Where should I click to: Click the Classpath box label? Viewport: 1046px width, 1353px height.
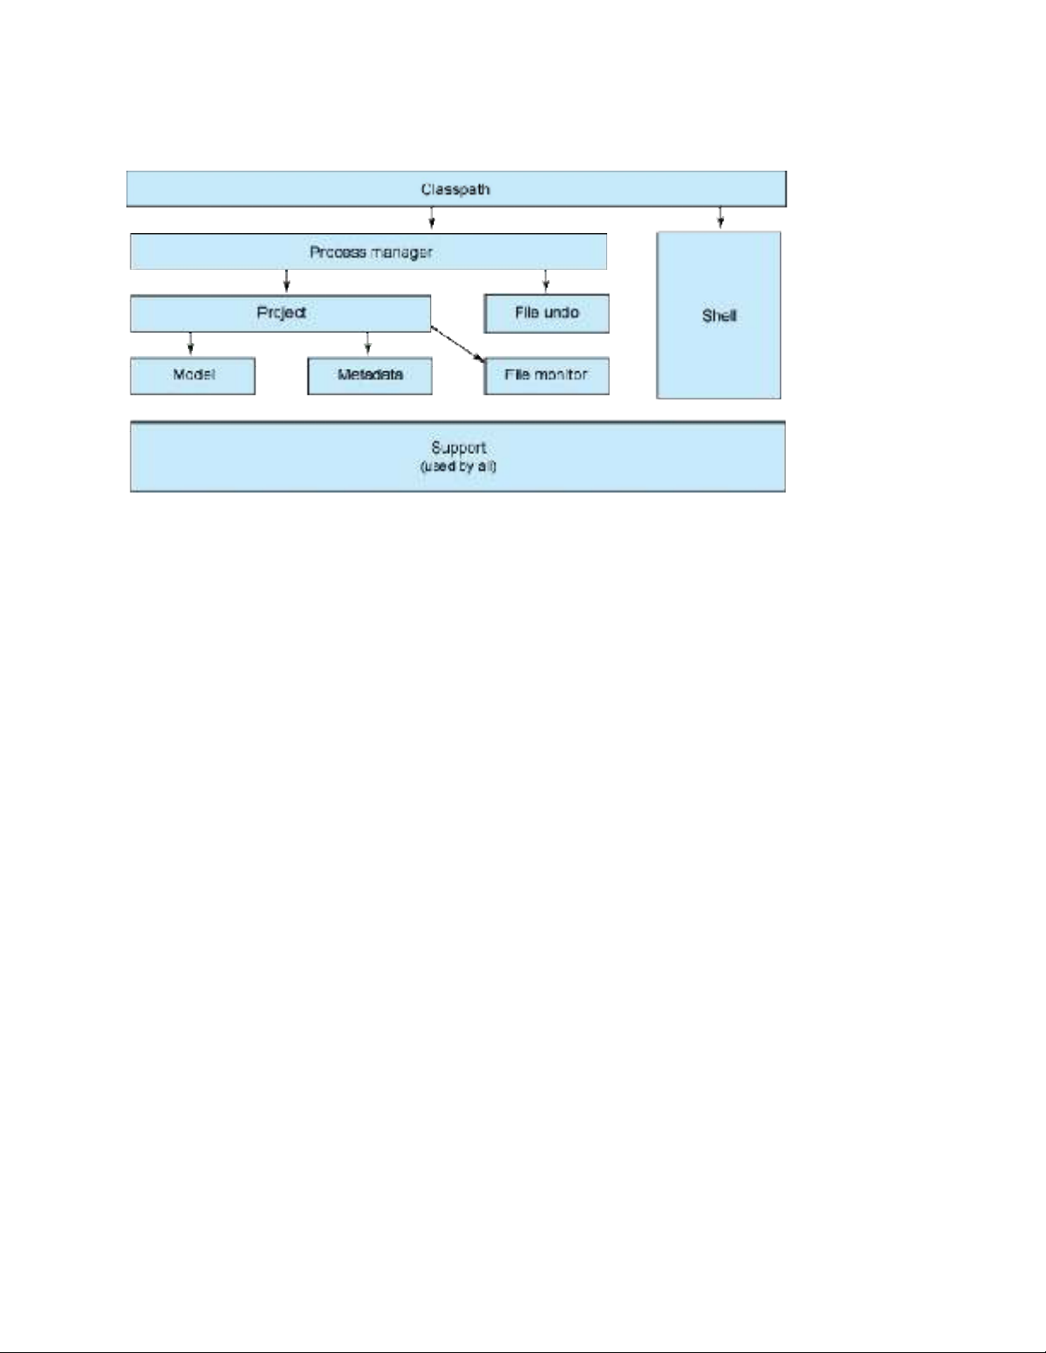click(455, 190)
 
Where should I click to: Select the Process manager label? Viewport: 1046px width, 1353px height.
click(371, 252)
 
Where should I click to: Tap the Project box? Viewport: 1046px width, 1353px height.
click(280, 313)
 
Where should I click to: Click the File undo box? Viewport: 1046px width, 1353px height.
click(546, 313)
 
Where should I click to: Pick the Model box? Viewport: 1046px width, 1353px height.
click(192, 376)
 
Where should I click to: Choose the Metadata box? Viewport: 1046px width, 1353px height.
click(370, 376)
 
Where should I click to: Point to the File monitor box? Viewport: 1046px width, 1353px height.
click(546, 376)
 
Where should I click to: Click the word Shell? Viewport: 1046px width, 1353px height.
click(719, 316)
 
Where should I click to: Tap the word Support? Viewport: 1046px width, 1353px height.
click(459, 447)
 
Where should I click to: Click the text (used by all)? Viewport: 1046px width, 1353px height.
click(459, 466)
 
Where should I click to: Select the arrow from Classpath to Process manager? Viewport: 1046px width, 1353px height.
click(431, 218)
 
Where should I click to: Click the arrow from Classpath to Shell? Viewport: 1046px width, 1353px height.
click(721, 217)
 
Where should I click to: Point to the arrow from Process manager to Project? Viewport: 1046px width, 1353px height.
click(286, 281)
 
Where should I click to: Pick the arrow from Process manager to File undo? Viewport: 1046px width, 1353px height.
click(546, 281)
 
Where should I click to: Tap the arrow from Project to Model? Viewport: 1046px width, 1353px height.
click(190, 343)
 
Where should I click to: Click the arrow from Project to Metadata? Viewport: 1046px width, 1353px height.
click(367, 343)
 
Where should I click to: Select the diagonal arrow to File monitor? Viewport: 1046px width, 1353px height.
click(458, 344)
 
